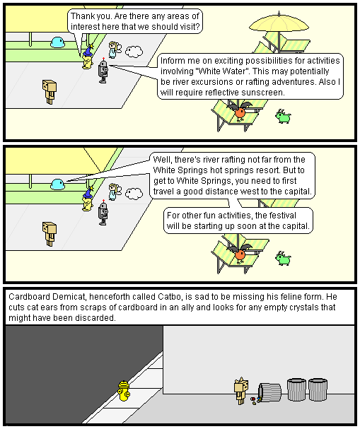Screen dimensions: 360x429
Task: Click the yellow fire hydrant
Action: pos(124,390)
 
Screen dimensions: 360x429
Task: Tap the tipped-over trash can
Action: pos(269,393)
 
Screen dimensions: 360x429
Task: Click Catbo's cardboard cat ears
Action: pos(241,380)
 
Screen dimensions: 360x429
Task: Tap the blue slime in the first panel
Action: pos(57,42)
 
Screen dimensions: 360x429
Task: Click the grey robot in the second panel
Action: pos(103,213)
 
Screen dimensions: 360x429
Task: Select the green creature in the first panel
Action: pos(283,117)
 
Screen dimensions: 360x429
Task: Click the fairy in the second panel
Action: pos(114,192)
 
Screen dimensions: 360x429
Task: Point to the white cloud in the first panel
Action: pos(134,52)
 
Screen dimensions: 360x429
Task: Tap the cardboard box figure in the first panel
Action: pos(50,92)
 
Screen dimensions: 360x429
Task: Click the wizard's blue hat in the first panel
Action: pos(88,51)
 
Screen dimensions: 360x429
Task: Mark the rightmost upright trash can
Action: pos(318,389)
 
